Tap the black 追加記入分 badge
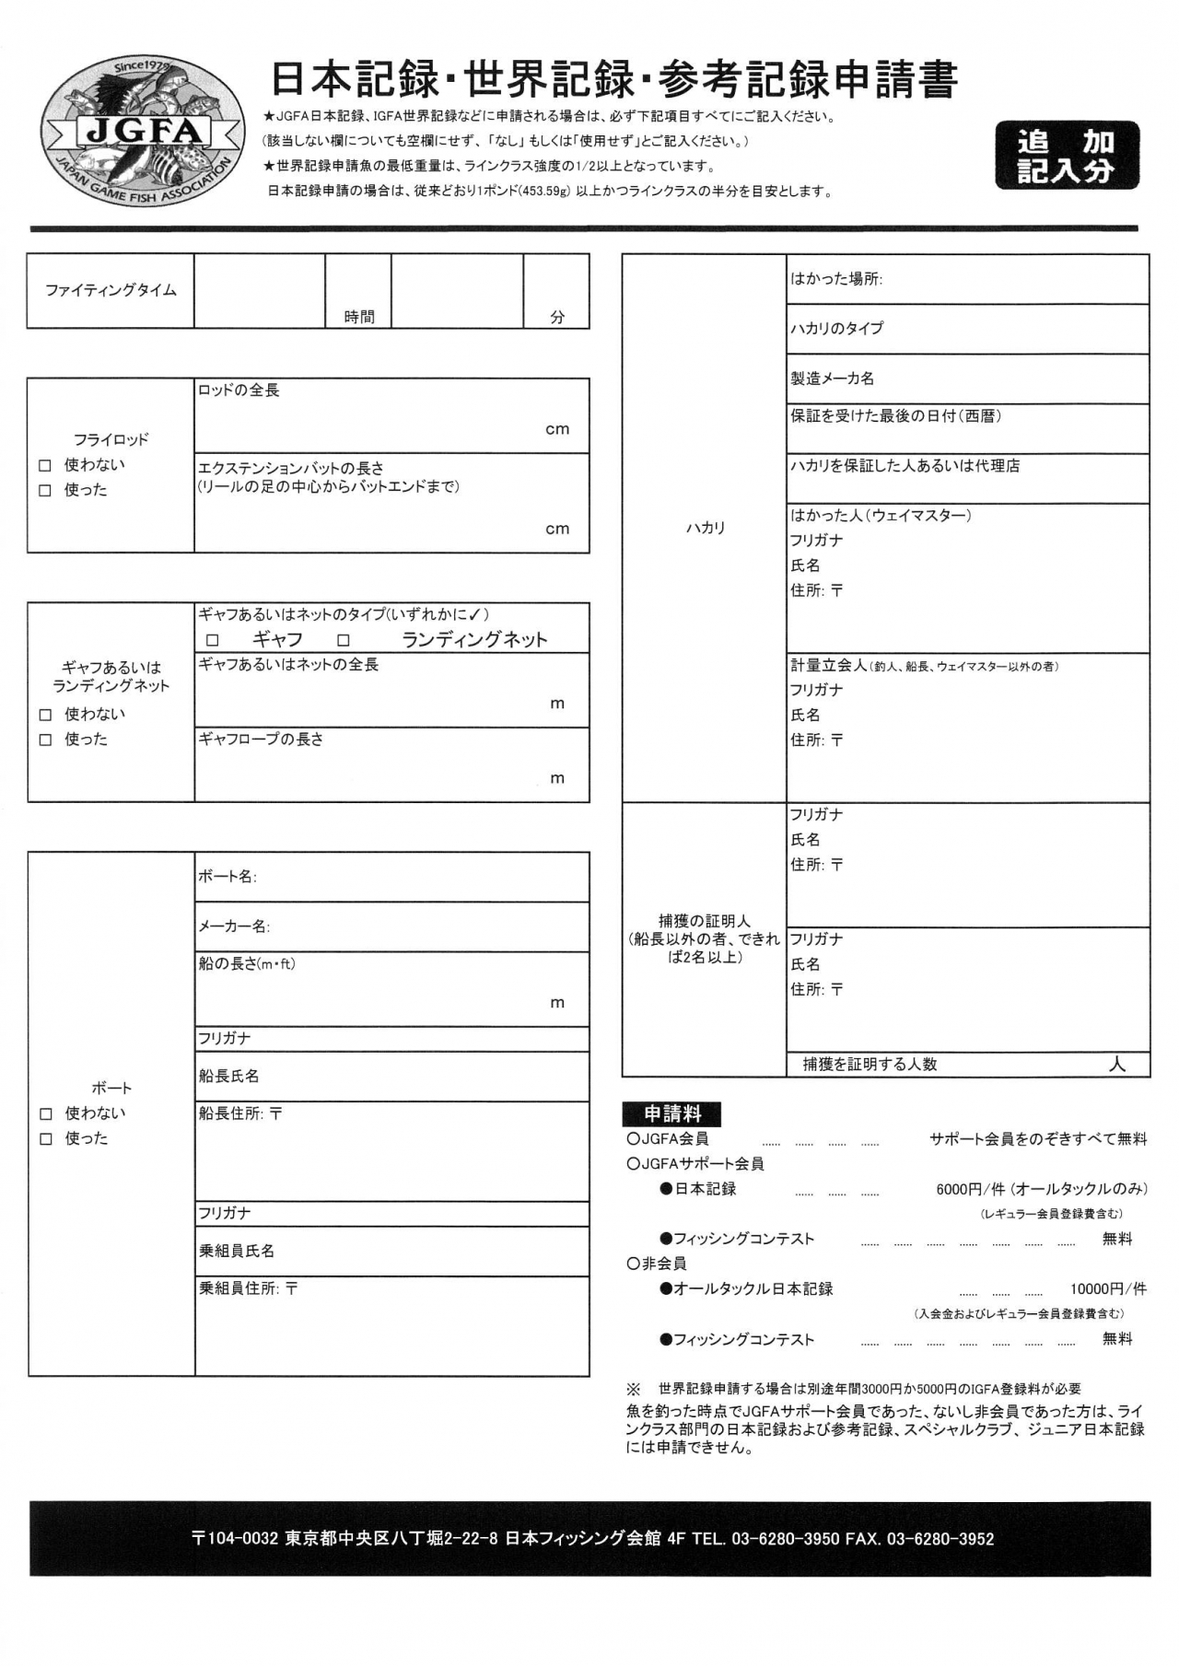pos(1067,156)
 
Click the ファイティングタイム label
pos(111,290)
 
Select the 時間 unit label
pos(359,317)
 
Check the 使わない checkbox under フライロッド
pos(45,466)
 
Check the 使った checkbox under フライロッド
pos(45,491)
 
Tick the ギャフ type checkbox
pos(213,640)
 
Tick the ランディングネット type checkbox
pos(344,640)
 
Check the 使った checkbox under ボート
pos(46,1139)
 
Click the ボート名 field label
pos(228,877)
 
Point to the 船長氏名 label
pos(229,1076)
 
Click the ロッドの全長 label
pos(239,390)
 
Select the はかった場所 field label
pos(835,278)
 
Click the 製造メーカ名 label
pos(832,379)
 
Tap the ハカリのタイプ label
pos(836,329)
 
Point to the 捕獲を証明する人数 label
pos(870,1065)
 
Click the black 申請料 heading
pos(672,1114)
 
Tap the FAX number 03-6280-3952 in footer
pos(940,1539)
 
